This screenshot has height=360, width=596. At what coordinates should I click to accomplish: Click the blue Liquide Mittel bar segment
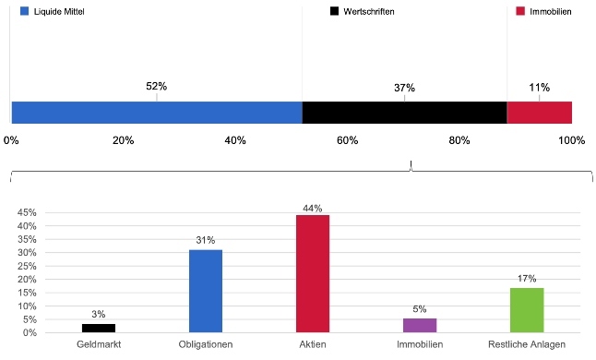[x=157, y=112]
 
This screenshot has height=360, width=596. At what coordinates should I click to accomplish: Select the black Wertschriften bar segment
[x=404, y=112]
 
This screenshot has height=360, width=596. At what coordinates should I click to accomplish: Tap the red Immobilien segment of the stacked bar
[x=540, y=112]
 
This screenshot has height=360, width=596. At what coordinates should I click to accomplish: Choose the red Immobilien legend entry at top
[x=551, y=11]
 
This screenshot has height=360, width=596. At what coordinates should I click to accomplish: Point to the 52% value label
[x=157, y=87]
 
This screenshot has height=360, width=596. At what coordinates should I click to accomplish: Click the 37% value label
[x=404, y=88]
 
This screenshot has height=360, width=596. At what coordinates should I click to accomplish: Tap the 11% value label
[x=540, y=88]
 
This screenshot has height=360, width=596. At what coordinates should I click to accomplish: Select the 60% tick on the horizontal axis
[x=348, y=140]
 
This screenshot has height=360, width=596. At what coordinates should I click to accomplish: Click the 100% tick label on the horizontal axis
[x=572, y=140]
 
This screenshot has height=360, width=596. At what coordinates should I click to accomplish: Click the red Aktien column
[x=313, y=274]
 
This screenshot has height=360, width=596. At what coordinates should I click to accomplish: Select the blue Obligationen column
[x=206, y=291]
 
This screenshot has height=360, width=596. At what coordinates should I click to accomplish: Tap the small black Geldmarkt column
[x=99, y=328]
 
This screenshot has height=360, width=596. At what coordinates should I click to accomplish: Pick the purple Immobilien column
[x=420, y=325]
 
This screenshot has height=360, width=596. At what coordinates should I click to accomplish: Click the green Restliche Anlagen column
[x=527, y=310]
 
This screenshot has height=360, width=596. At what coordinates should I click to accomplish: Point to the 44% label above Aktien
[x=313, y=208]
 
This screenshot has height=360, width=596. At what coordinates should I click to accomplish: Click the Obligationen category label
[x=206, y=344]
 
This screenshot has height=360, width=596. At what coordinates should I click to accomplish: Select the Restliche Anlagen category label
[x=527, y=344]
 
